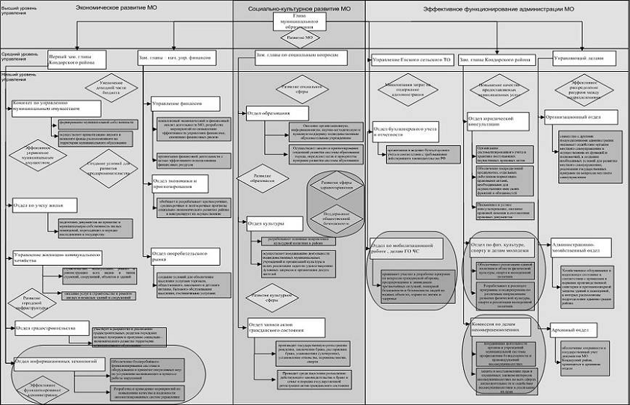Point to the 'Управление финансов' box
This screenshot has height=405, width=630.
[x=186, y=103]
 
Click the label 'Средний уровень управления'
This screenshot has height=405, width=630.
[x=16, y=55]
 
